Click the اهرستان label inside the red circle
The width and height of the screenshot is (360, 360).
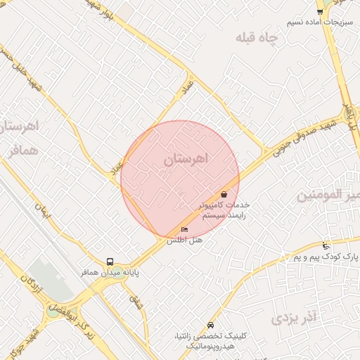click(x=186, y=160)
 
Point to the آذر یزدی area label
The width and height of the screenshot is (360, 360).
click(x=295, y=318)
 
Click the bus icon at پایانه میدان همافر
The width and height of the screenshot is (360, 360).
click(x=109, y=262)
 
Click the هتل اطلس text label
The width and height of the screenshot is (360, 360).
click(x=184, y=240)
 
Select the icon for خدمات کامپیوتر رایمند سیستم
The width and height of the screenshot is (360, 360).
click(x=224, y=194)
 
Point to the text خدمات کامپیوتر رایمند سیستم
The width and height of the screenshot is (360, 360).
click(x=224, y=210)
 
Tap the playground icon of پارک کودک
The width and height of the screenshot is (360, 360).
click(x=325, y=246)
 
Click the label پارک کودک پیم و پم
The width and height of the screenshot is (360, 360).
click(x=326, y=258)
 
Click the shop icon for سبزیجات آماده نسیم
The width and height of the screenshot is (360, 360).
click(x=320, y=12)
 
